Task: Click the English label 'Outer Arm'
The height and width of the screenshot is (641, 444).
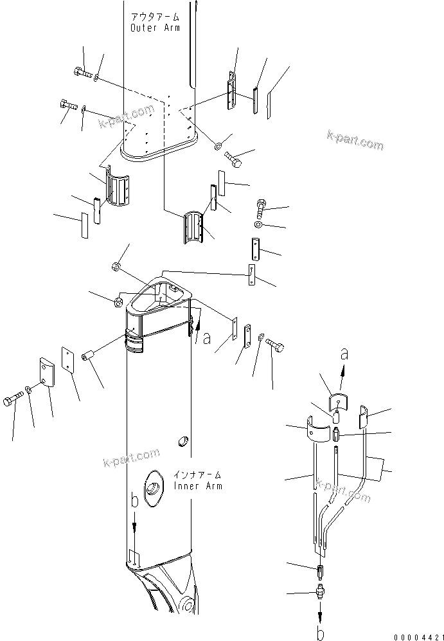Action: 155,28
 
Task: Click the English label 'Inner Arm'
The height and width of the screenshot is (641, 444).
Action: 198,486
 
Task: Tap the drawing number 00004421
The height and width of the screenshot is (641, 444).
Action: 419,637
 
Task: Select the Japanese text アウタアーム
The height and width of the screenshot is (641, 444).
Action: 155,17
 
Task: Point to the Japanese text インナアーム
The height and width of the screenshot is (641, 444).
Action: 198,475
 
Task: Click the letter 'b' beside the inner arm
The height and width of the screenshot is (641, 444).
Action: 135,501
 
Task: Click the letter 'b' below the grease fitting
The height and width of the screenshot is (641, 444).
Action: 321,634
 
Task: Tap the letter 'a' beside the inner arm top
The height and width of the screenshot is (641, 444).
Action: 208,339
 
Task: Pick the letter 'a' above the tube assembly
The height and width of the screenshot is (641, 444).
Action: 344,354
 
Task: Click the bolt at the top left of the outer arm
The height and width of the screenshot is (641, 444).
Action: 84,73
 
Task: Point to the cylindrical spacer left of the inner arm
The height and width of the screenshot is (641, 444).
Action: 89,356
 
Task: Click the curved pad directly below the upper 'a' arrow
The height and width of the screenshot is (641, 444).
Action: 339,401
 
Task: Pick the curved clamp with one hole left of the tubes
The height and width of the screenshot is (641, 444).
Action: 318,429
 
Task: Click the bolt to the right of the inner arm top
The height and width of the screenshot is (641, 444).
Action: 274,347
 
